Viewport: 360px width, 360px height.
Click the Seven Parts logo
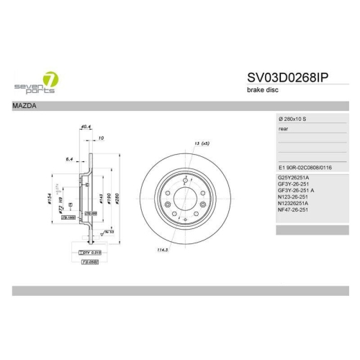(x=37, y=82)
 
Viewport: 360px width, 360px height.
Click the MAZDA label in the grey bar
(x=26, y=106)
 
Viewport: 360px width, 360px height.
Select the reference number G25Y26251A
(x=294, y=177)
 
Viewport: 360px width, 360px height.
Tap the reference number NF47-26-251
(x=293, y=210)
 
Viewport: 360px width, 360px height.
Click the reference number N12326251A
(x=294, y=202)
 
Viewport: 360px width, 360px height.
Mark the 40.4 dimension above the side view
(x=85, y=127)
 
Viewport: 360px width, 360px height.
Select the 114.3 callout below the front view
(x=151, y=251)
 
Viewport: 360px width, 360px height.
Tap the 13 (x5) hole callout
(x=201, y=143)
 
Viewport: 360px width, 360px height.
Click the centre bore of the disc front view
(x=184, y=196)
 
